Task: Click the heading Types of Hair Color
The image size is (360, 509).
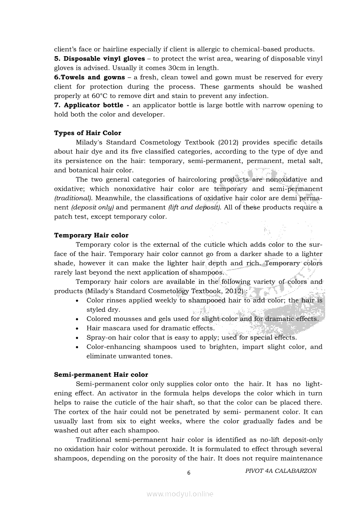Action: pos(88,133)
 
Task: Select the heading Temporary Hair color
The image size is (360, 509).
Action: pos(91,235)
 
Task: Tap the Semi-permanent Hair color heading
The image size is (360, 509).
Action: pos(101,374)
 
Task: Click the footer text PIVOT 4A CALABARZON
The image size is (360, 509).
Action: pos(281,471)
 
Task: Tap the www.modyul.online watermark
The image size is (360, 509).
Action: pos(180,494)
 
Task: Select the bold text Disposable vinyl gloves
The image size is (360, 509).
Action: pos(104,58)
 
